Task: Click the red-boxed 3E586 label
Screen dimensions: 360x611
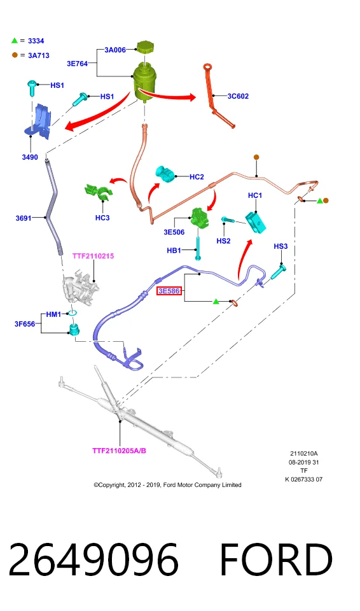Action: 169,291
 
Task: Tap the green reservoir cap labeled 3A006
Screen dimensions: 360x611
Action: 145,47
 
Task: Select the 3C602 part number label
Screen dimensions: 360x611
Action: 238,96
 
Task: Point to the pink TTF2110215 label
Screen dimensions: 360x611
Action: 93,256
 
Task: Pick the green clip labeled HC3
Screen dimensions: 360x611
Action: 98,192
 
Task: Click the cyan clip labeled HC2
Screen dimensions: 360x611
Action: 165,174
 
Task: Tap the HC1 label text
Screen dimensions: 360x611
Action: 255,195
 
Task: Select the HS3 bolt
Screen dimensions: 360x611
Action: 278,271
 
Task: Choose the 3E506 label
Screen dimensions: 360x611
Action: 174,232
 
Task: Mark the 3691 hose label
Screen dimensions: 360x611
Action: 24,218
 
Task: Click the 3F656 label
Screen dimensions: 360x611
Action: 25,324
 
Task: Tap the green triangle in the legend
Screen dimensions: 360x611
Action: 15,40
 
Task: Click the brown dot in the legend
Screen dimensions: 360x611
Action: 15,55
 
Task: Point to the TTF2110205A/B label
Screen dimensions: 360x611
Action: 119,451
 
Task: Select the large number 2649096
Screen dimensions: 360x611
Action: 93,559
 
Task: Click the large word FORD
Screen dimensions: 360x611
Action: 276,559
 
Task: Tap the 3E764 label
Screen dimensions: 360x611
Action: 77,64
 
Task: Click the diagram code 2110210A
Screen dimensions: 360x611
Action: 303,454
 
